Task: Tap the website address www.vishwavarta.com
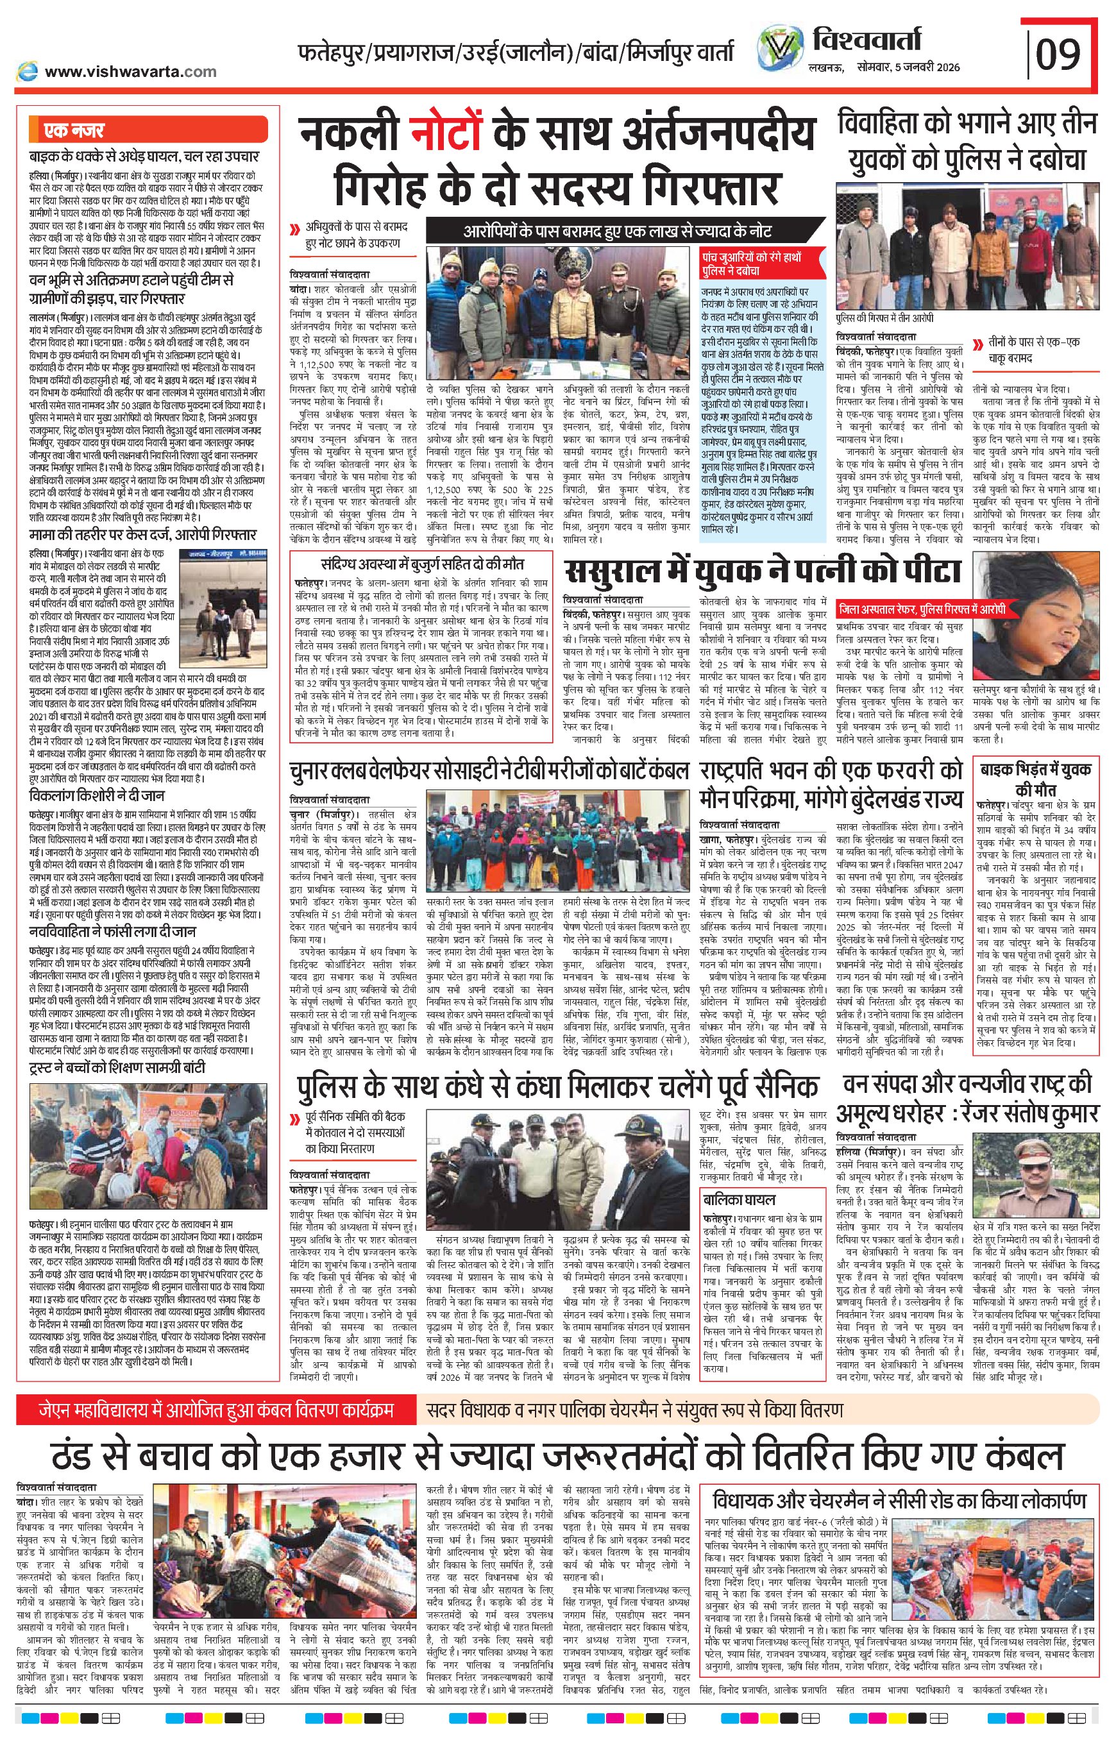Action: (130, 71)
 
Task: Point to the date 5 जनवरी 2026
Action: (926, 67)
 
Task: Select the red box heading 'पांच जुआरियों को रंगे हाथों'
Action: (761, 264)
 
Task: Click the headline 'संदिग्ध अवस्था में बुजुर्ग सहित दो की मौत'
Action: (423, 564)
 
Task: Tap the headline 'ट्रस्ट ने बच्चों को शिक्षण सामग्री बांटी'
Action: (117, 1067)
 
